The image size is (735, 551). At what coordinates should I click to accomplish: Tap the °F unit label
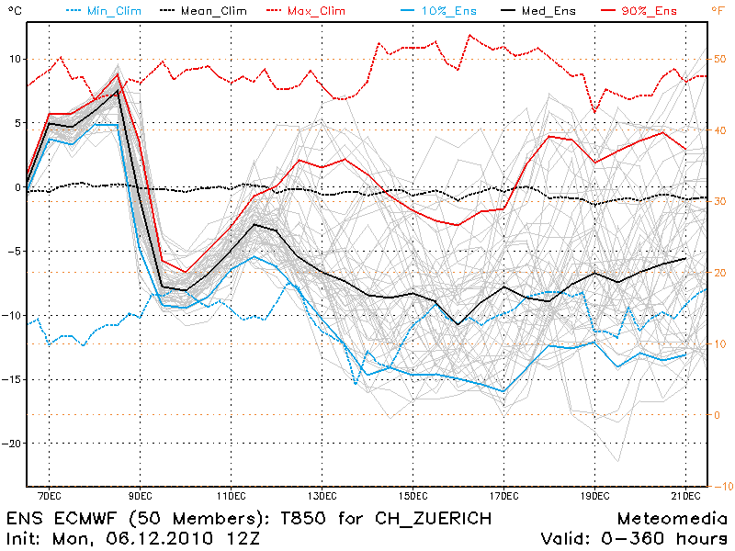(x=717, y=10)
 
